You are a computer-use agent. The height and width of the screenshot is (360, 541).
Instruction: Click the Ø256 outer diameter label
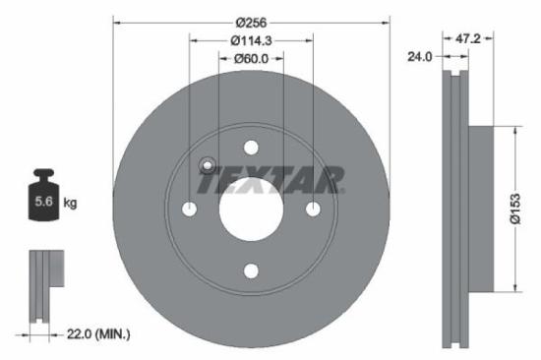[x=252, y=20]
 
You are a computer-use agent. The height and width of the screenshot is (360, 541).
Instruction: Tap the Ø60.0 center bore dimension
[x=251, y=60]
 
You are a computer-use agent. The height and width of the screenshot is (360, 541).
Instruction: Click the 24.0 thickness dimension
[x=420, y=58]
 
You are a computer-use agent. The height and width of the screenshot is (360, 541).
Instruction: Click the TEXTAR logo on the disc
[x=270, y=180]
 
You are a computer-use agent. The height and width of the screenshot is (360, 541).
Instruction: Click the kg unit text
[x=71, y=204]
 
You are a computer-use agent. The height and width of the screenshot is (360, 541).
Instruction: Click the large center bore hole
[x=251, y=210]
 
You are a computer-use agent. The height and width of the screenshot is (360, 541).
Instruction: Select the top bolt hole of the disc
[x=251, y=149]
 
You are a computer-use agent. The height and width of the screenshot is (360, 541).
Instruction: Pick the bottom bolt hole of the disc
[x=251, y=270]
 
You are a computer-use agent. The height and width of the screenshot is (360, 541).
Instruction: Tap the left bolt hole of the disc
[x=190, y=210]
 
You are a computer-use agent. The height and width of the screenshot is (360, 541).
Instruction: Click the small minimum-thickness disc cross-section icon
[x=41, y=285]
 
